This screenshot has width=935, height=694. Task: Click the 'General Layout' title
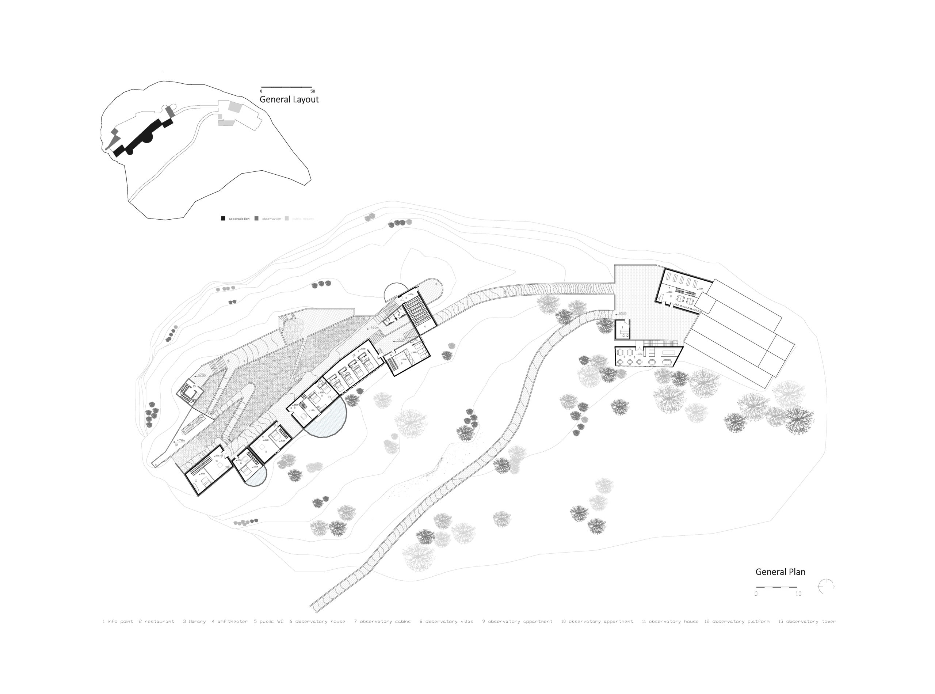click(x=289, y=99)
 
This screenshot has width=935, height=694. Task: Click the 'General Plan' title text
click(x=780, y=572)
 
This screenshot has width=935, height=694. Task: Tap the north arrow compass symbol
click(x=825, y=586)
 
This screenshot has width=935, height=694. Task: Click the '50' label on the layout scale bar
click(x=312, y=91)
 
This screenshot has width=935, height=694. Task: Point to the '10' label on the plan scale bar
click(x=798, y=594)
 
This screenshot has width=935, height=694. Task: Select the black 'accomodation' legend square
click(x=223, y=219)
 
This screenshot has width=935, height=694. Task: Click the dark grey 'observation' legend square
click(x=256, y=219)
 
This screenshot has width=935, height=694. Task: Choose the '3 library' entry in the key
click(x=194, y=621)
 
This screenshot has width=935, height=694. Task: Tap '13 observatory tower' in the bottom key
click(x=806, y=621)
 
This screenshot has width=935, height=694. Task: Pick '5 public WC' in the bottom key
click(x=269, y=621)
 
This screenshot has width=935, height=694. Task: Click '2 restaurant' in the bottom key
click(x=156, y=621)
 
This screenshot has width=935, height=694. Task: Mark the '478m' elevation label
click(x=180, y=440)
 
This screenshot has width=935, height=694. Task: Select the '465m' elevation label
click(x=374, y=328)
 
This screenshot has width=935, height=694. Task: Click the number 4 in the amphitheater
click(x=425, y=326)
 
